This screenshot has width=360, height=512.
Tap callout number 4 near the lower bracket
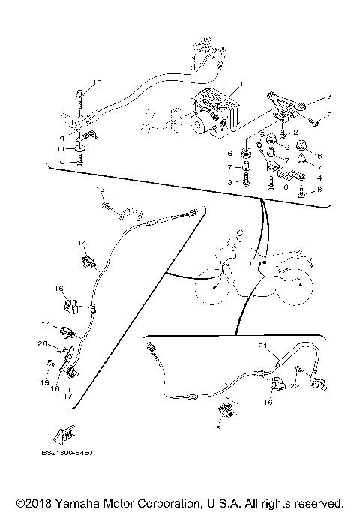319,178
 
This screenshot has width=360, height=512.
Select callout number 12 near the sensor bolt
98,192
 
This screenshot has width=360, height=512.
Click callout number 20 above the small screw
42,343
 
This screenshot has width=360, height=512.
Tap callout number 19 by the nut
43,382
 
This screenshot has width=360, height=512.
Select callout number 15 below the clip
217,427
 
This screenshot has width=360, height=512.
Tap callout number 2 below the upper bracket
295,132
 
